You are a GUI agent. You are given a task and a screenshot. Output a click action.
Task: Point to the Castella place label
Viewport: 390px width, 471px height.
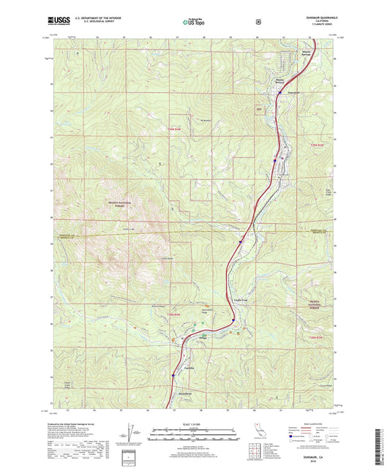(189, 367)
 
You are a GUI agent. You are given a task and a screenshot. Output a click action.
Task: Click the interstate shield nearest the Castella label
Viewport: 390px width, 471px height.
(173, 376)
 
